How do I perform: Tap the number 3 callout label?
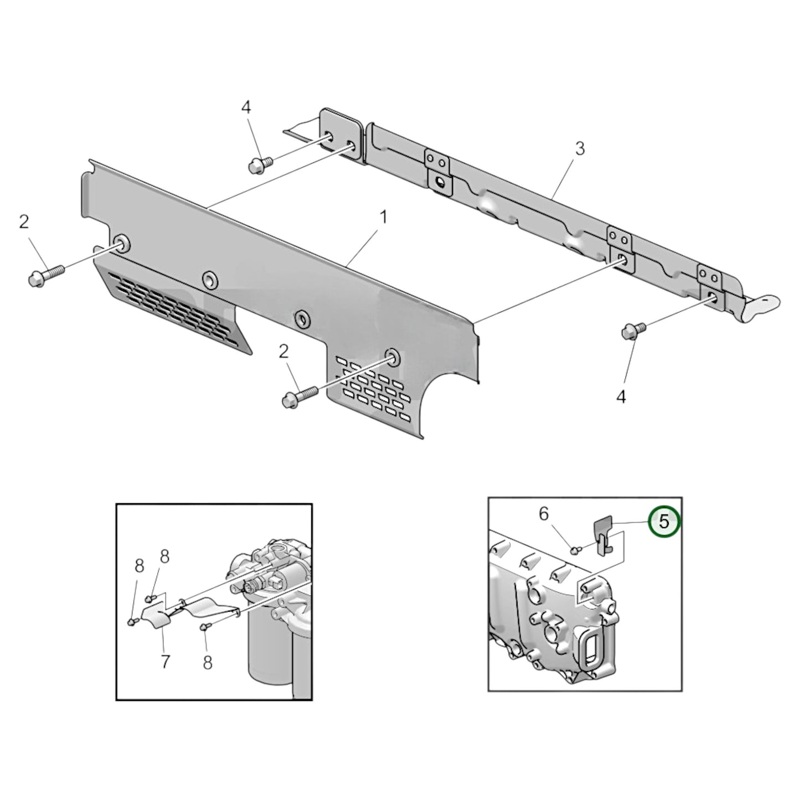tap(579, 148)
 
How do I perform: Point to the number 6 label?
tap(544, 514)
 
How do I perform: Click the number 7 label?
tap(165, 661)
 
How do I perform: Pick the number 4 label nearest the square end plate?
tap(246, 107)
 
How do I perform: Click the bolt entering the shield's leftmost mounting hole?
tap(45, 275)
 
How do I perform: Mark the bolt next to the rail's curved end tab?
tap(633, 331)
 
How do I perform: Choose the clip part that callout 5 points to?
tap(603, 534)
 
